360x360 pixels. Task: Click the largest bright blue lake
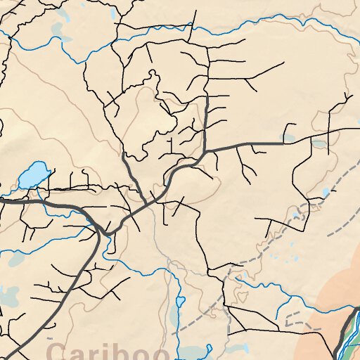tap(33, 175)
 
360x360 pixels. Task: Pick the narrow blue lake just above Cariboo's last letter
tap(179, 302)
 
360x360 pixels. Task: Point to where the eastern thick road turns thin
tap(285, 143)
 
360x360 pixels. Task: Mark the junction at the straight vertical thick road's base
tap(205, 150)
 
